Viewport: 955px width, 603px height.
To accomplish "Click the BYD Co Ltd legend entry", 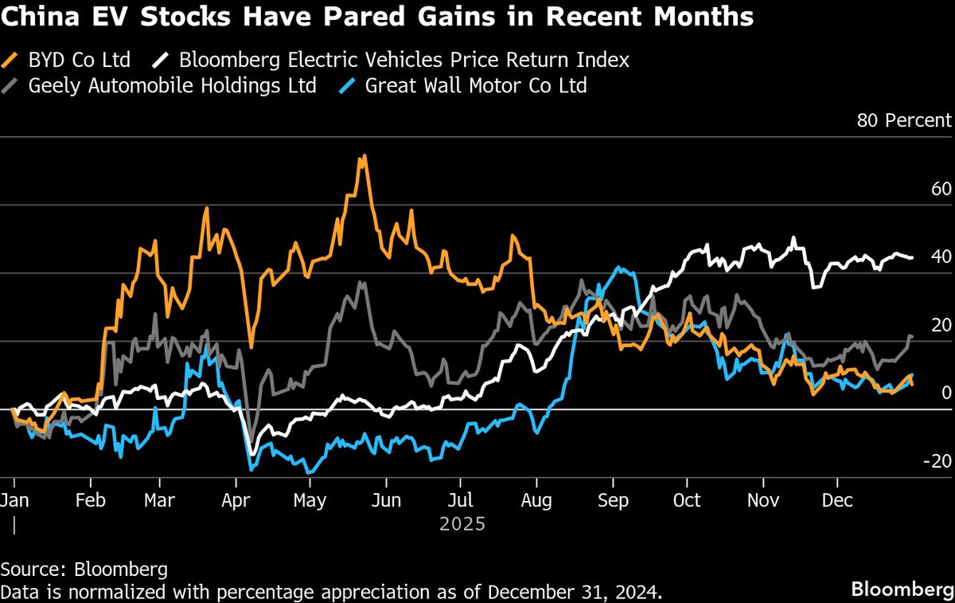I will pos(76,60).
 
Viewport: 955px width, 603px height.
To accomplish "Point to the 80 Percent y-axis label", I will pos(903,120).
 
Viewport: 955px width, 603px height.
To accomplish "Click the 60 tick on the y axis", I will pos(941,189).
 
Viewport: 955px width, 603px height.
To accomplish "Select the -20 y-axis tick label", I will pos(937,461).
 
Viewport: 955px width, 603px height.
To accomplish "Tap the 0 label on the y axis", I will pos(945,393).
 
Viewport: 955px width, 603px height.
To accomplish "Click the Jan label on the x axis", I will pos(14,500).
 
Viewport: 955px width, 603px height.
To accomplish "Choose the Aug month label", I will pos(536,500).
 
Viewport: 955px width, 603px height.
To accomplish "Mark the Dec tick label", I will pos(838,500).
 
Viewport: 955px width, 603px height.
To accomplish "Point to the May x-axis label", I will pos(310,500).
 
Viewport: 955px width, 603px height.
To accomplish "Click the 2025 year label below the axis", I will pos(462,524).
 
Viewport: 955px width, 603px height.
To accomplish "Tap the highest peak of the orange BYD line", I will pos(363,156).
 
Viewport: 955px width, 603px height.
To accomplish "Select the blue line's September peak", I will pos(620,268).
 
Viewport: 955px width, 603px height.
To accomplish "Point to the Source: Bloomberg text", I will pos(84,570).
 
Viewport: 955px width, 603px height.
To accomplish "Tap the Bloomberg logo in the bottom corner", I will pos(902,589).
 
